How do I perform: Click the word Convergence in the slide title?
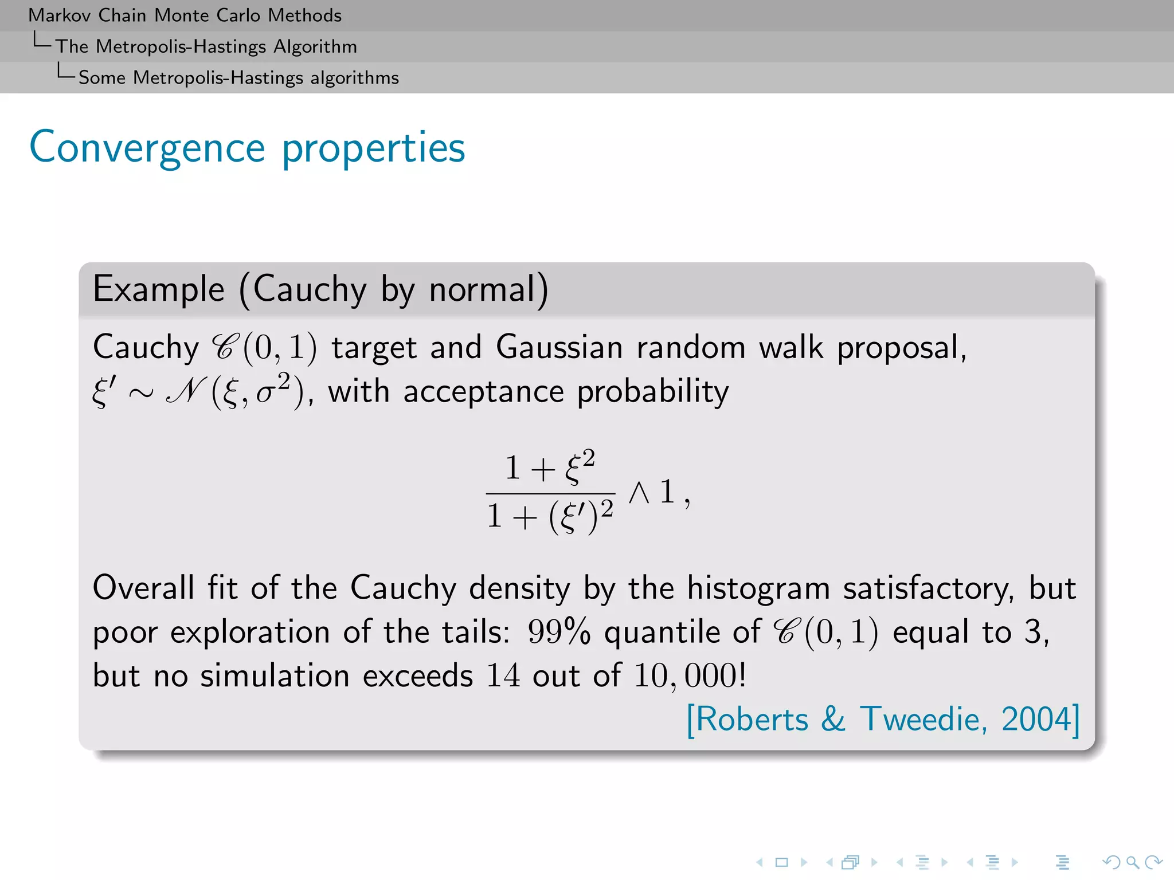point(147,148)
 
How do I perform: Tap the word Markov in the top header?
point(60,15)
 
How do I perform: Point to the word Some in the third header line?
point(101,77)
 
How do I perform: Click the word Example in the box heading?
point(158,289)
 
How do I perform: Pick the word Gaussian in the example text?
point(559,347)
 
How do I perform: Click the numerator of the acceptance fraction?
point(550,466)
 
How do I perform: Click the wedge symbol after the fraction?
point(639,492)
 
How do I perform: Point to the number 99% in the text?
point(558,632)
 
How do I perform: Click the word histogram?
point(758,588)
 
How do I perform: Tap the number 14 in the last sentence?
point(503,675)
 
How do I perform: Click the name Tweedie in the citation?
point(922,719)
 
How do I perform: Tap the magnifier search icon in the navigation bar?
point(1132,862)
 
